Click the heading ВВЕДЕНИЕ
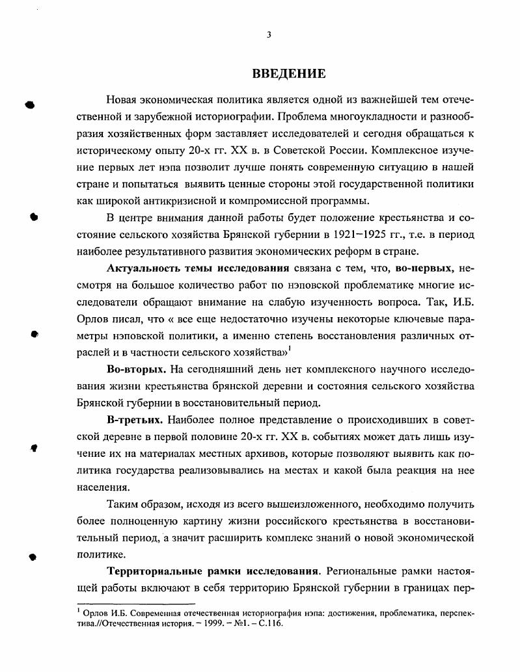click(288, 73)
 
